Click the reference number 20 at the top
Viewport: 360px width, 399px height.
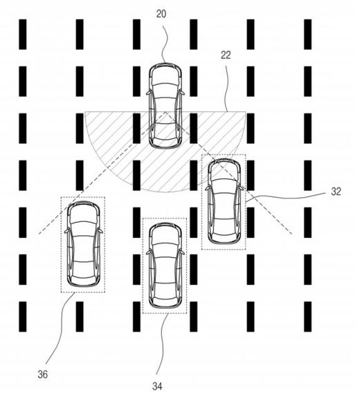coord(161,15)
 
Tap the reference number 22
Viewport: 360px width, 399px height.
coord(226,55)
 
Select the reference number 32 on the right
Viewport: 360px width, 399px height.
coord(336,192)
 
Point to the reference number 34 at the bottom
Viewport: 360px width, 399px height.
coord(157,387)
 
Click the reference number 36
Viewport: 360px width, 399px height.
coord(42,375)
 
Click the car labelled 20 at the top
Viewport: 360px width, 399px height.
coord(165,106)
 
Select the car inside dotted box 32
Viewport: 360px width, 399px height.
coord(224,201)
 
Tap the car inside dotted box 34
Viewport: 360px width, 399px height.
coord(165,266)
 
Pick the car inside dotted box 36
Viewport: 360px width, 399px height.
coord(83,244)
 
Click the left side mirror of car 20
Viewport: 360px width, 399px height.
coord(148,93)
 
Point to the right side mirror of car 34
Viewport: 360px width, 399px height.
coord(182,252)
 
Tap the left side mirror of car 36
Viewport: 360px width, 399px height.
coord(66,231)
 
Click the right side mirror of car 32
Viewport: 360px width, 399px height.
coord(242,188)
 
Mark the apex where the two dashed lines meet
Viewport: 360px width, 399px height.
coord(165,111)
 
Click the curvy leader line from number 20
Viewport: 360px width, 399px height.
coord(165,41)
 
